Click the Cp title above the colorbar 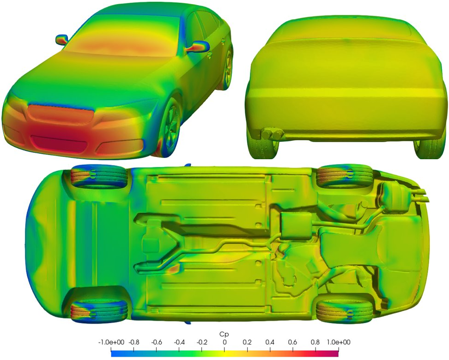coord(224,334)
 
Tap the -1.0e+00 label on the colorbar coord(111,342)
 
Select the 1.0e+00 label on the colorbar coord(339,342)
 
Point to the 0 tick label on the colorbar coord(224,342)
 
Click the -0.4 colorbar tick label coord(179,342)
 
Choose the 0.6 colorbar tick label coord(293,342)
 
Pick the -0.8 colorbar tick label coord(133,342)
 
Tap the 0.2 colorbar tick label coord(247,342)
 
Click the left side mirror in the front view coord(61,40)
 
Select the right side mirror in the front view coord(198,47)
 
